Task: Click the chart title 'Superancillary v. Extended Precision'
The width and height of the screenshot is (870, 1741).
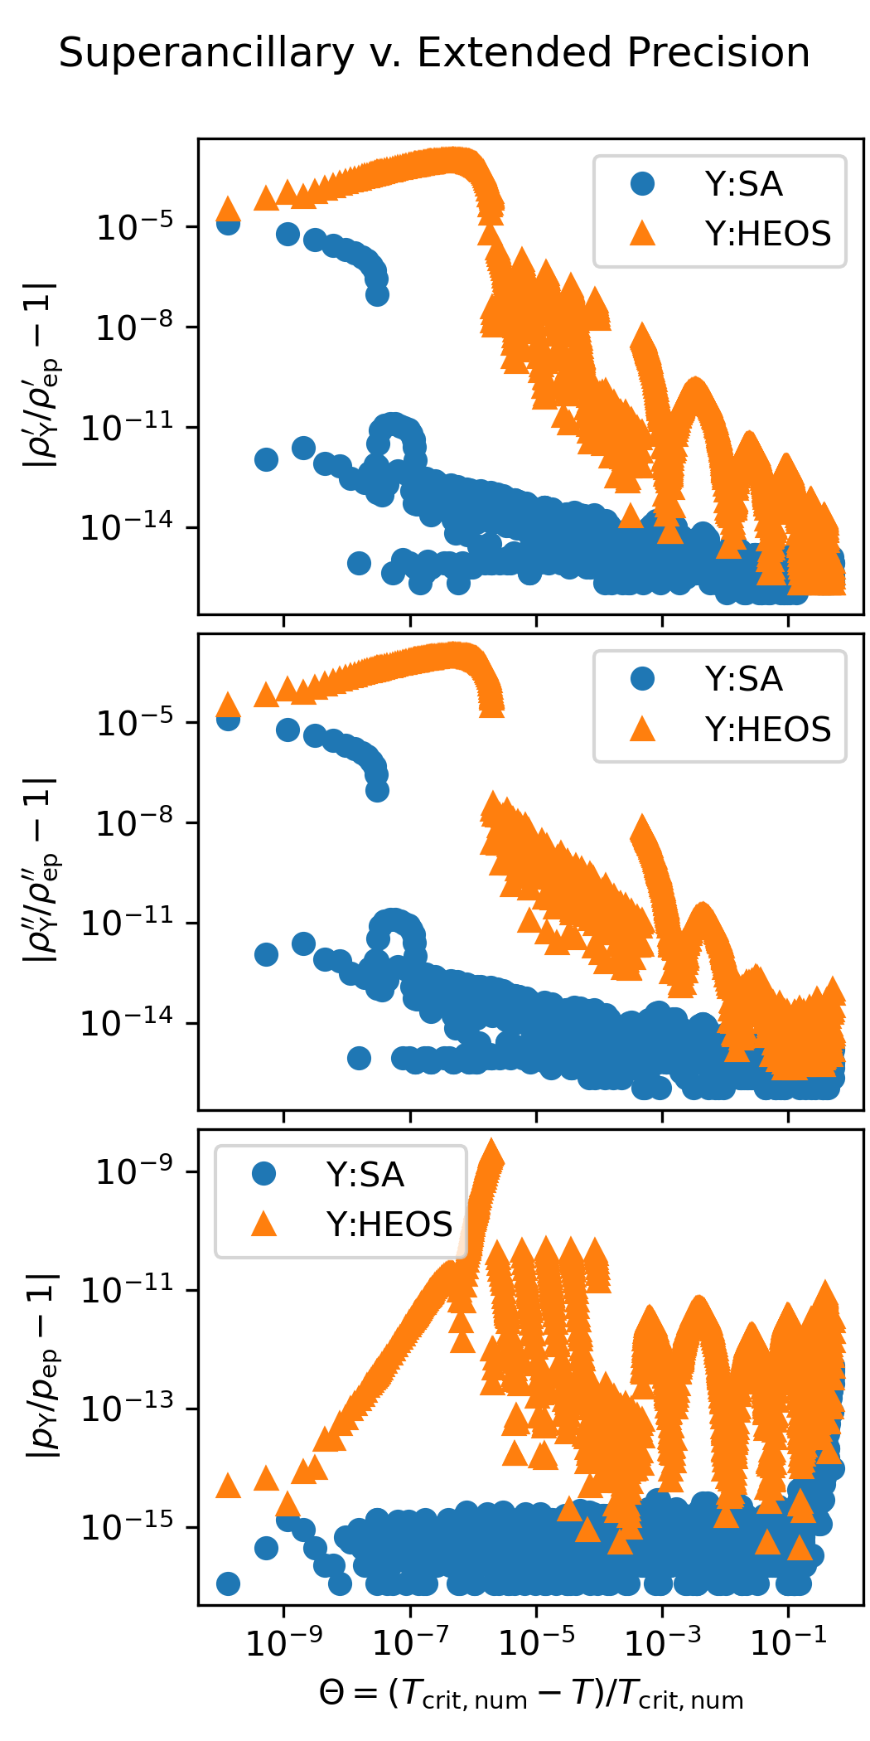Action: (x=434, y=53)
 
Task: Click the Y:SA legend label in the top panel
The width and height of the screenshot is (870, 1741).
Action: (x=743, y=184)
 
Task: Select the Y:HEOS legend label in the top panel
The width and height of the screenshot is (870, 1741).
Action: (x=767, y=235)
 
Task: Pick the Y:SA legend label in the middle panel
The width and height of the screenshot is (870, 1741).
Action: (x=743, y=680)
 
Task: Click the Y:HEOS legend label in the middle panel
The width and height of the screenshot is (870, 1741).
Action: (x=767, y=730)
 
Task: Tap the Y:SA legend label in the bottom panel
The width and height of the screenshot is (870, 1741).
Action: (x=365, y=1175)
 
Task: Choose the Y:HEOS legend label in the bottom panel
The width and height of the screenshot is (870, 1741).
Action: (x=389, y=1225)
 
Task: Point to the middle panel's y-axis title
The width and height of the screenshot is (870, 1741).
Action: (x=41, y=870)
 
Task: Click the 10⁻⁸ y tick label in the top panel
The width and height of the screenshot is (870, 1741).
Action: (x=134, y=328)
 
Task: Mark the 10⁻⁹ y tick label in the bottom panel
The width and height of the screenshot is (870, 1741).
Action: (x=134, y=1171)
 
